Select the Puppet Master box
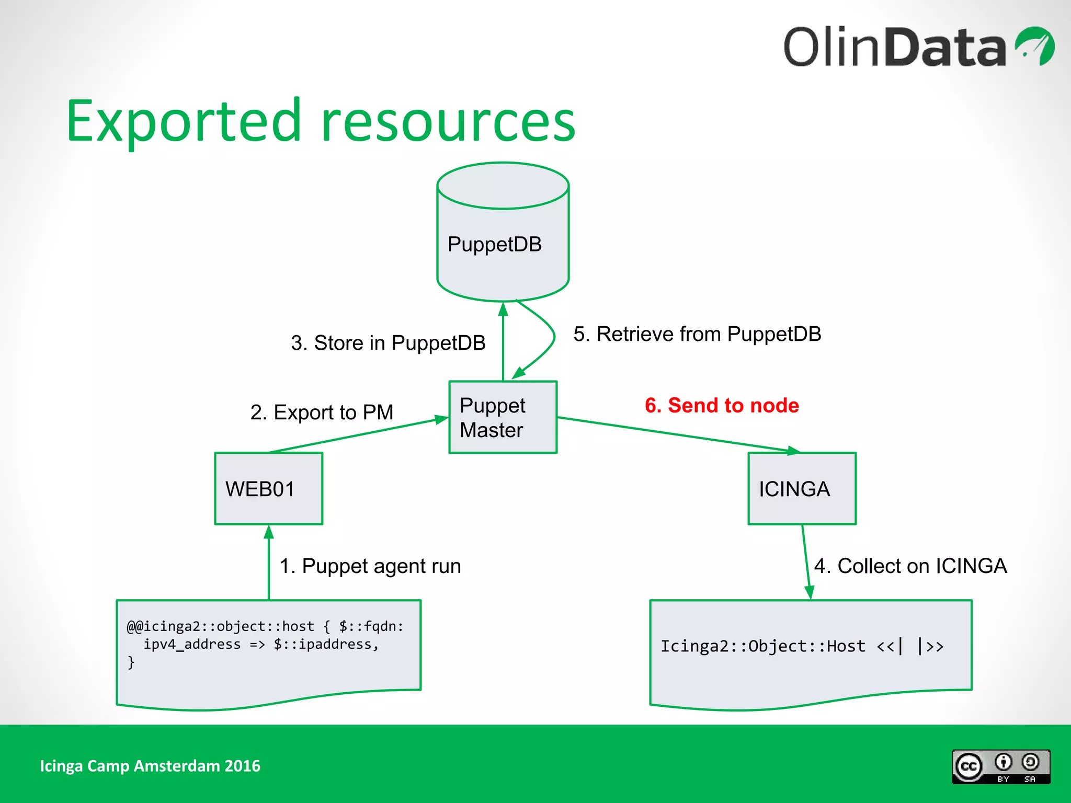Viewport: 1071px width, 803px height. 503,417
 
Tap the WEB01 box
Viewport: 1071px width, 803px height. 268,488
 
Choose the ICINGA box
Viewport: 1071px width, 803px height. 802,488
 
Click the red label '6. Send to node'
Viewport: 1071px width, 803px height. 722,406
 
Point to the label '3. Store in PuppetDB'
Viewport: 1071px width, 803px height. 388,343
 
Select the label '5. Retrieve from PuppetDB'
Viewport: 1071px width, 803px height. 697,334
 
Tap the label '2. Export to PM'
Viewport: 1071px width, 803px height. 322,412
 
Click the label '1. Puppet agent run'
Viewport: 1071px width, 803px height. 370,566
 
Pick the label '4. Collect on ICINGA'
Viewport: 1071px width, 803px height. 910,566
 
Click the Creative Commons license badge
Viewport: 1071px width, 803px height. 1000,766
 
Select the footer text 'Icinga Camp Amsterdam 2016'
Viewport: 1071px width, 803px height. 150,766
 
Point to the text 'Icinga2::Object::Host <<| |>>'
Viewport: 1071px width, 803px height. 802,646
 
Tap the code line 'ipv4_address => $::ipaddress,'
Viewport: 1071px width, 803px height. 261,644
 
